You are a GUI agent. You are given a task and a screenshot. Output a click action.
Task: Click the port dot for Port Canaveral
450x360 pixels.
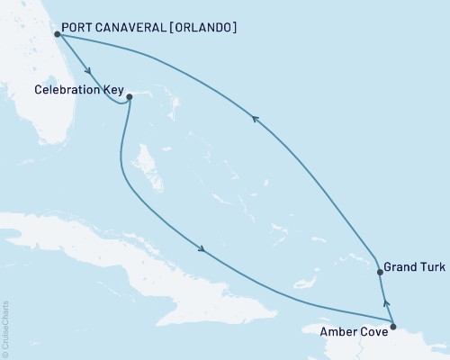[57, 34]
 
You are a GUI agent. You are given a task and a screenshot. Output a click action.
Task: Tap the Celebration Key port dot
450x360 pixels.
[130, 96]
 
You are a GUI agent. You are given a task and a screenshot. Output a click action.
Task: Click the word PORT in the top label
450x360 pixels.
[78, 28]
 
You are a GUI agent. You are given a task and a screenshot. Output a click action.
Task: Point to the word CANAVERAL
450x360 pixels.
[132, 28]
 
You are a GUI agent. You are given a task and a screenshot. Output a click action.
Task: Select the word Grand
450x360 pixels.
[400, 268]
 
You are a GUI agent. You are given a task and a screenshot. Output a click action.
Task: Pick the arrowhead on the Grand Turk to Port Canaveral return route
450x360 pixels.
[255, 118]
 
